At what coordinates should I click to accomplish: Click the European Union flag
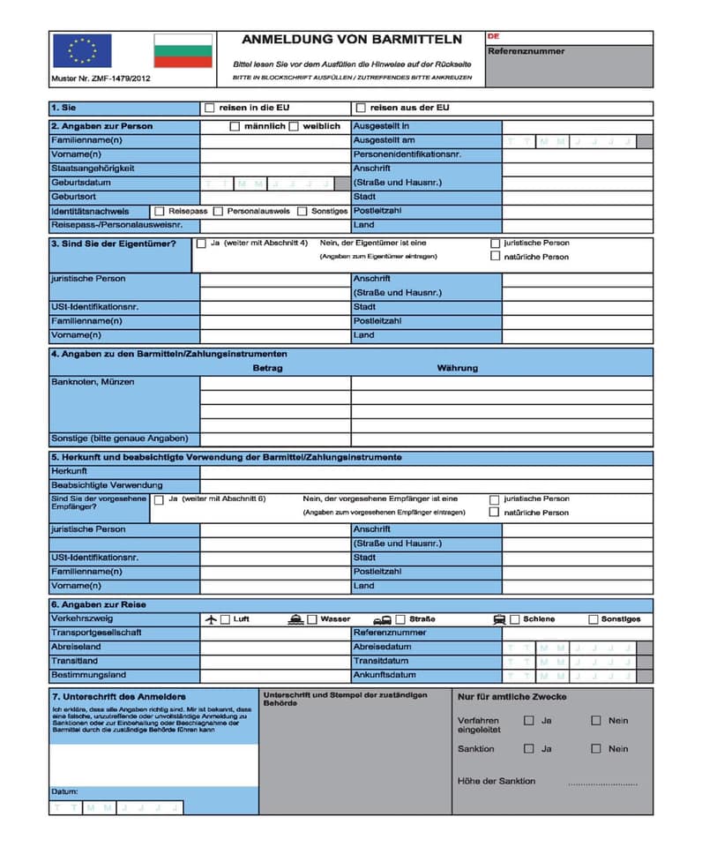(82, 51)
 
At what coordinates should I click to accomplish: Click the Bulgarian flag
(183, 51)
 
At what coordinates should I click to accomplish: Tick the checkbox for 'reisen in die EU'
(209, 109)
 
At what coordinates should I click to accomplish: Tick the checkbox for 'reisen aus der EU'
(360, 109)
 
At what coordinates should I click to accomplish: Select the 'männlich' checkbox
(235, 126)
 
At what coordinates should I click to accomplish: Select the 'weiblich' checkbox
(294, 126)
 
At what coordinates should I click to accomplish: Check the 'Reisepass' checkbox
(160, 212)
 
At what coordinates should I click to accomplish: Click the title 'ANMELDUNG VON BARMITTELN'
(352, 40)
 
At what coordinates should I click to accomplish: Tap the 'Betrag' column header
(267, 368)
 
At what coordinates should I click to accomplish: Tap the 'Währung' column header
(457, 368)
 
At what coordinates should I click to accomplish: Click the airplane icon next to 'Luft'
(211, 619)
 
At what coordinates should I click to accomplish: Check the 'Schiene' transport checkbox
(515, 619)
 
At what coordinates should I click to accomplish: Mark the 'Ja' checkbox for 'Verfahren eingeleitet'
(528, 721)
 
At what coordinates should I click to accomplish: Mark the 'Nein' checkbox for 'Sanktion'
(596, 749)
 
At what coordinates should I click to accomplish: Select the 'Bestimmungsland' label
(88, 675)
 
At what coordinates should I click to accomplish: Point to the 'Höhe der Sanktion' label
(497, 781)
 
